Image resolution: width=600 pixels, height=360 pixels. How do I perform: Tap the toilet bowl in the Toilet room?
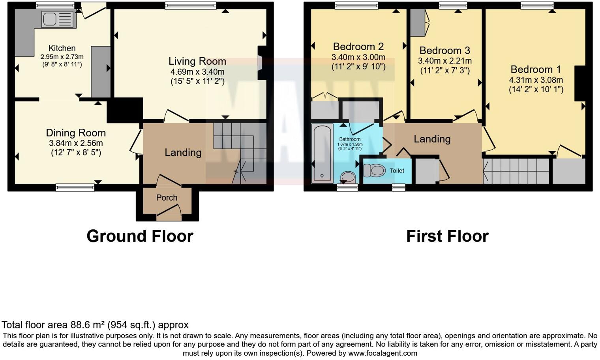374,171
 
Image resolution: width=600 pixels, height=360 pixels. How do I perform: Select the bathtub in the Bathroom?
322,154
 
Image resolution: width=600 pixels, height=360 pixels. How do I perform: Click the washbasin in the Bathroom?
348,177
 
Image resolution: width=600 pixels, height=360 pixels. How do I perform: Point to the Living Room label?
197,61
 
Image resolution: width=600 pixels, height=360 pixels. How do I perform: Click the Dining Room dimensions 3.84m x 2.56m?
76,143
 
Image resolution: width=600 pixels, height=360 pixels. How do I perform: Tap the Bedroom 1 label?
535,69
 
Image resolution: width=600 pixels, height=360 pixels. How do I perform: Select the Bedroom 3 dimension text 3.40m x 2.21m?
444,61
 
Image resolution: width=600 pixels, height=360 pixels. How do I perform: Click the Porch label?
167,197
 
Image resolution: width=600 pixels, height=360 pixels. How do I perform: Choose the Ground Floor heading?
140,236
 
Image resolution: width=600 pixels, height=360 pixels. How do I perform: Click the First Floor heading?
447,236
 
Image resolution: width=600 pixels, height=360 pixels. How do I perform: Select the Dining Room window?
75,187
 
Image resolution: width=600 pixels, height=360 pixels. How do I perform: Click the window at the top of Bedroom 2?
356,6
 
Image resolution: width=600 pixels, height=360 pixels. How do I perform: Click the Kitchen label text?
62,49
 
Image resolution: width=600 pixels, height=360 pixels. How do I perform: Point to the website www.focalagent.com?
382,353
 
